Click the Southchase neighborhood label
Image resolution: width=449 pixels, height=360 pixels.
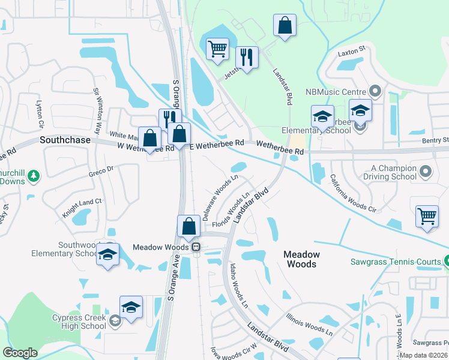64,140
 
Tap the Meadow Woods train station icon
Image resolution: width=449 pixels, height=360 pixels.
196,247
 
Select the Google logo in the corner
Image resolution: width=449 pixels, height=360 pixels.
20,353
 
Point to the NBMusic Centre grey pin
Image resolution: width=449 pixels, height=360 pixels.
375,92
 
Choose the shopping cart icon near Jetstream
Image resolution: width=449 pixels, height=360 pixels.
217,49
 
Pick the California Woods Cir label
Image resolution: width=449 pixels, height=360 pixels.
353,193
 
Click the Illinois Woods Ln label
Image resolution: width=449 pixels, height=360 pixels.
309,323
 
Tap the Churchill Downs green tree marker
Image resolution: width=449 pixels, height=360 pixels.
34,176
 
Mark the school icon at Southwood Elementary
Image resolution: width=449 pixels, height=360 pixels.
107,254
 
